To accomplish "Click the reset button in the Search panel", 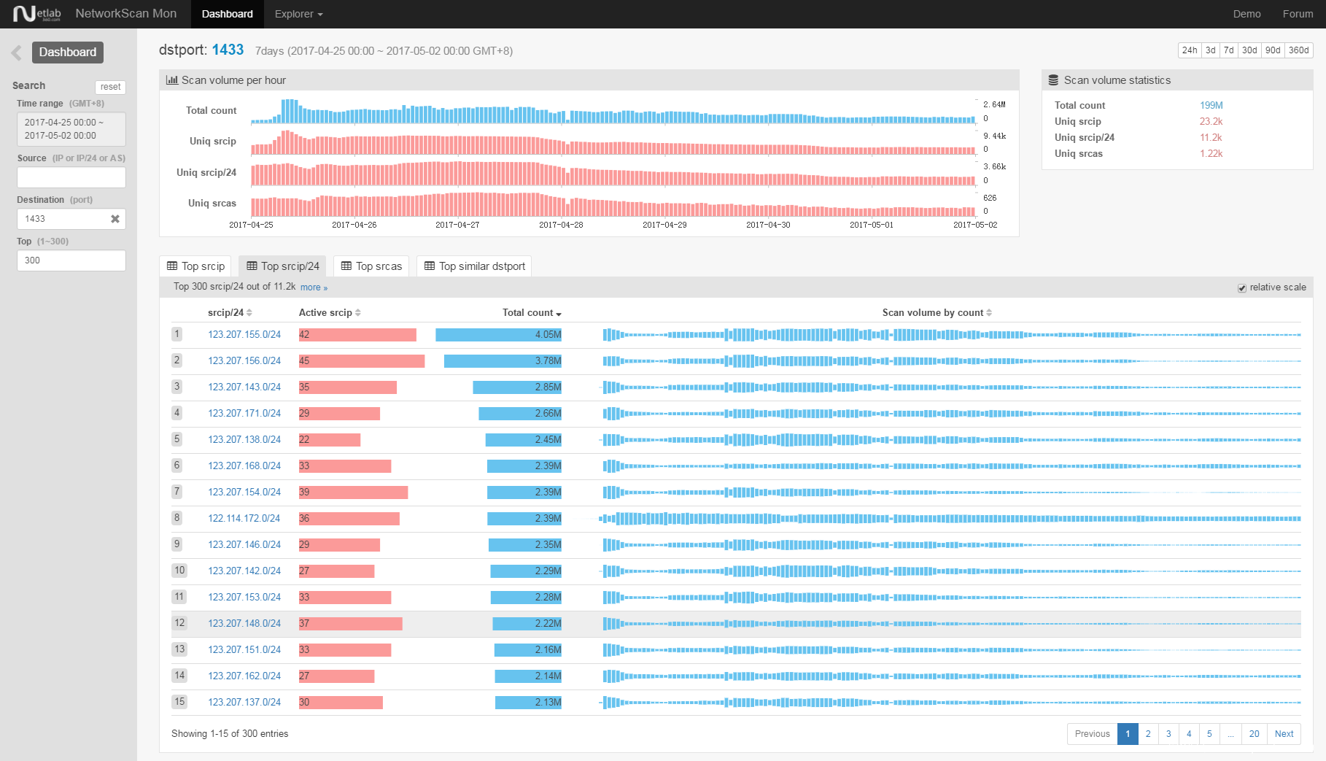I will pyautogui.click(x=110, y=87).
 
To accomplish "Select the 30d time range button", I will pyautogui.click(x=1249, y=50).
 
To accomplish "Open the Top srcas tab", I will pyautogui.click(x=371, y=266).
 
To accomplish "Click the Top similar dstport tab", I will pyautogui.click(x=474, y=266).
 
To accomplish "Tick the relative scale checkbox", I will pyautogui.click(x=1242, y=288).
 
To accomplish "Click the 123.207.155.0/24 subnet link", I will pyautogui.click(x=244, y=335).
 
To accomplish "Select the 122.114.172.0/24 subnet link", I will pyautogui.click(x=244, y=519).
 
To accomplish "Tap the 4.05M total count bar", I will pyautogui.click(x=499, y=335).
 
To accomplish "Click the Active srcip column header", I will pyautogui.click(x=325, y=313).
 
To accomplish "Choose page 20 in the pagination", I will pyautogui.click(x=1254, y=734).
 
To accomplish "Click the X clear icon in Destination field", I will pyautogui.click(x=115, y=219).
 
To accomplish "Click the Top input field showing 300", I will pyautogui.click(x=71, y=260).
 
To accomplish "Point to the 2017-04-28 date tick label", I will pyautogui.click(x=561, y=225).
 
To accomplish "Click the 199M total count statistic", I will pyautogui.click(x=1211, y=106).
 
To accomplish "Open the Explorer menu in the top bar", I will pyautogui.click(x=298, y=14).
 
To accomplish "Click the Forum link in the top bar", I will pyautogui.click(x=1298, y=14).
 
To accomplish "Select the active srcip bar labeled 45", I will pyautogui.click(x=362, y=361).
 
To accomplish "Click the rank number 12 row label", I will pyautogui.click(x=179, y=623).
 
